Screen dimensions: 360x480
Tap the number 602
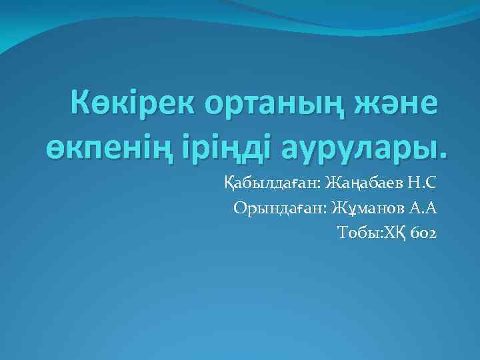click(424, 233)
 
